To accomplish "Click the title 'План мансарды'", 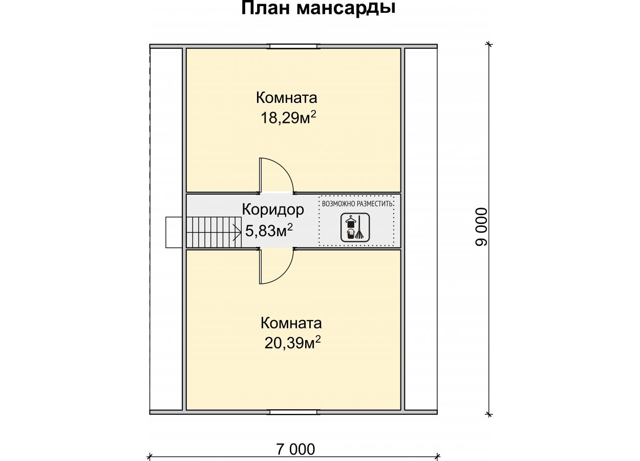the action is [x=318, y=8].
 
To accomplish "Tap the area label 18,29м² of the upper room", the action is [x=289, y=117].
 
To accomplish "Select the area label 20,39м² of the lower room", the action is [x=292, y=343].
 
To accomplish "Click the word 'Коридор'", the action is [x=273, y=209].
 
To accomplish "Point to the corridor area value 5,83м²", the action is [x=269, y=230].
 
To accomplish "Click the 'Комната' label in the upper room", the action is [x=286, y=98].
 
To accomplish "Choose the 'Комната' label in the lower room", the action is [x=291, y=323].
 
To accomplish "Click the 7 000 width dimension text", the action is [x=296, y=449].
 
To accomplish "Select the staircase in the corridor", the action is [x=214, y=232].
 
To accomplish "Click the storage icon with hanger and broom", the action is [x=355, y=227].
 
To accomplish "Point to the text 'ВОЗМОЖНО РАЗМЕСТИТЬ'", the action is [x=357, y=204].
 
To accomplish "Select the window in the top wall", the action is [x=294, y=46].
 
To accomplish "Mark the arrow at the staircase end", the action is [x=237, y=232].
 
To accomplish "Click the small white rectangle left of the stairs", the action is [x=174, y=232].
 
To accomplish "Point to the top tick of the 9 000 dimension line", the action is [x=489, y=44].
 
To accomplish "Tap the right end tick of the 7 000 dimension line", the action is [x=437, y=456].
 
